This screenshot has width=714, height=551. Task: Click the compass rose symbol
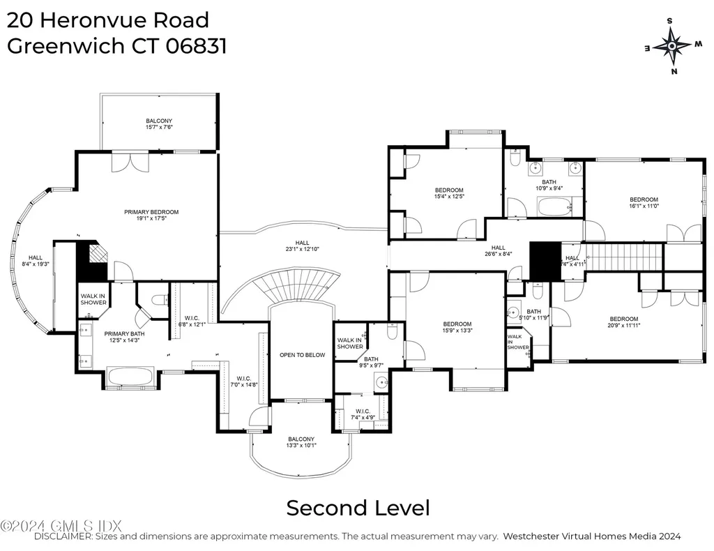(x=671, y=46)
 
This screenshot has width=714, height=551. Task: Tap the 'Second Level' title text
(x=358, y=507)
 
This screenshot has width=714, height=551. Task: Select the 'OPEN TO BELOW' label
(x=302, y=355)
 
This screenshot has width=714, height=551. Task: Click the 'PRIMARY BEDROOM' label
(x=151, y=212)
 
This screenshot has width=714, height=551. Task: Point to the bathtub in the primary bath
(x=130, y=377)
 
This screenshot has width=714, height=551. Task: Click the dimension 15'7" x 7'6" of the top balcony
(x=159, y=127)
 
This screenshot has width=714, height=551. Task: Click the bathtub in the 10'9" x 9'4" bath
(x=554, y=206)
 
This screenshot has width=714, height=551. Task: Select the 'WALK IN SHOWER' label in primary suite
(x=93, y=299)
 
